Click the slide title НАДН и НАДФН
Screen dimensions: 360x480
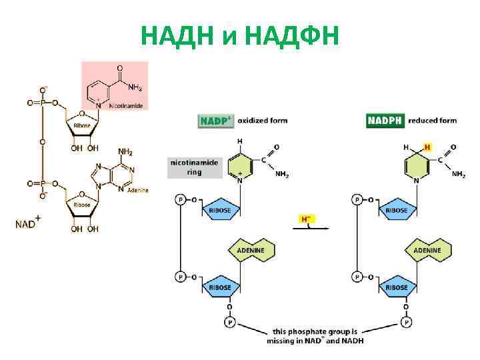click(240, 34)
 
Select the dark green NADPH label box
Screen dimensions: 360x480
click(385, 121)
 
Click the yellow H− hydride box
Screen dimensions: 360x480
click(307, 218)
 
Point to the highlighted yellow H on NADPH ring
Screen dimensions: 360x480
click(427, 147)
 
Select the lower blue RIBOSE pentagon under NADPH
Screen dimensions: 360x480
click(397, 287)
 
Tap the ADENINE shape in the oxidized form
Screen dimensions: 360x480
click(251, 250)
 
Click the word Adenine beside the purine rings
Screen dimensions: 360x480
click(137, 190)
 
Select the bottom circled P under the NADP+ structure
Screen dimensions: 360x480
click(229, 323)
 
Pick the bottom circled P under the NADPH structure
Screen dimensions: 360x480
click(405, 323)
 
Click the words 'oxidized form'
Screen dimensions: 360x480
click(268, 121)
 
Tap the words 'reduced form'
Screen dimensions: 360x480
click(432, 121)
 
